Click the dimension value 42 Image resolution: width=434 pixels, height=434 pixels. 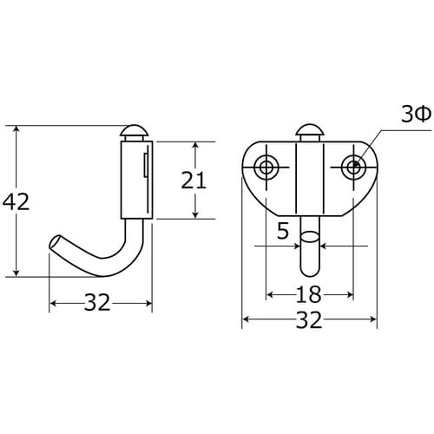pos(16,201)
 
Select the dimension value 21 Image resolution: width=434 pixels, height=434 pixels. pos(194,180)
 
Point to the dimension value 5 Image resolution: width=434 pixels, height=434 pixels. pos(283,231)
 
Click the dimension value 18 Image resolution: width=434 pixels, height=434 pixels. pos(308,294)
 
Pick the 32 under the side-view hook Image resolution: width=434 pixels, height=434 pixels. pos(97,303)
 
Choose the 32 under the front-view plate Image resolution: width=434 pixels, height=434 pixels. pos(309,319)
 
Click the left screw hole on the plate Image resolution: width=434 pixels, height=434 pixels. pos(266,167)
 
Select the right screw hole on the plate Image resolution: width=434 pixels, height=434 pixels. pos(353,167)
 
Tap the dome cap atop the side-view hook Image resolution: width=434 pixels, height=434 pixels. pos(135,131)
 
